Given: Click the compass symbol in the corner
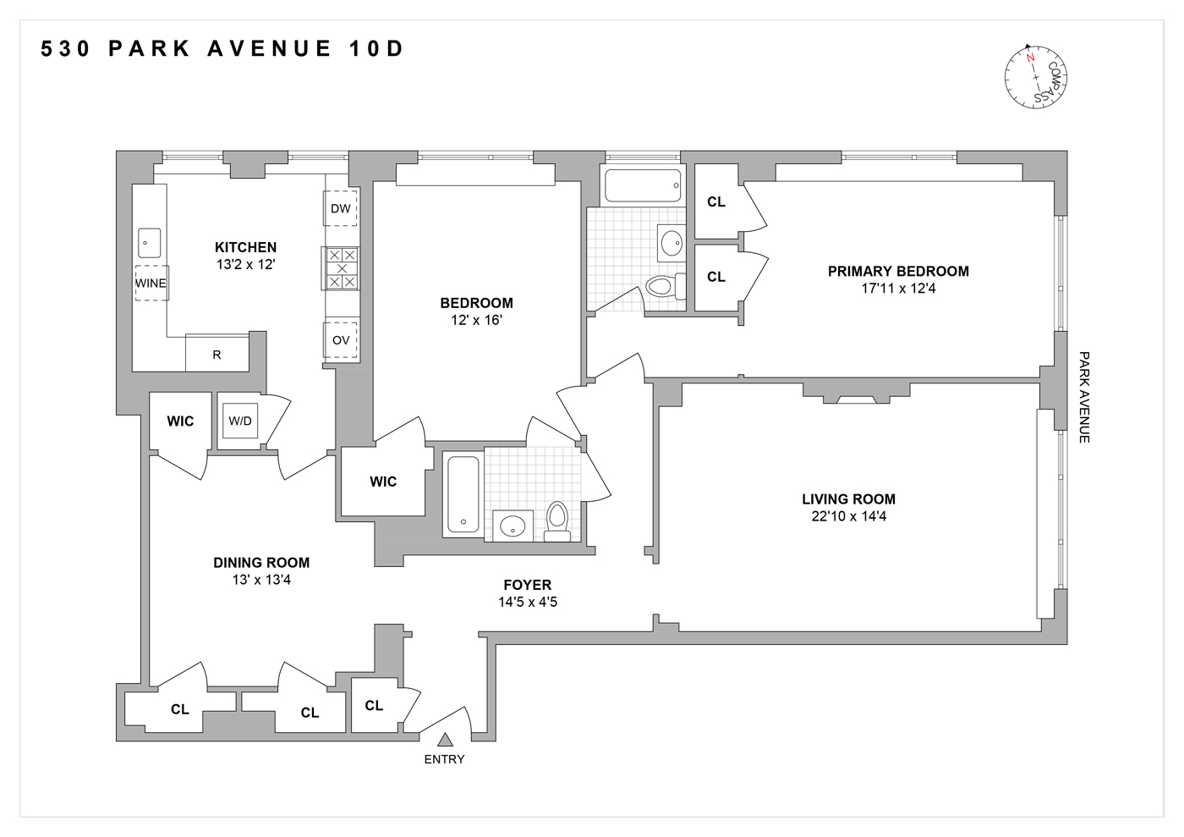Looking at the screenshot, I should click(x=1035, y=76).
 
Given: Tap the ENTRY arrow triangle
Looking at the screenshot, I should click(x=445, y=740).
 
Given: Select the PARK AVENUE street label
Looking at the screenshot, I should click(x=1083, y=397).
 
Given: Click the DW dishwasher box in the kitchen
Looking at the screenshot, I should click(x=340, y=208).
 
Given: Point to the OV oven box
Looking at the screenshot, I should click(x=341, y=340).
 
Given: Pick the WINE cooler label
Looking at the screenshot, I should click(x=151, y=283).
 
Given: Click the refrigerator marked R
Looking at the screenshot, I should click(x=217, y=354).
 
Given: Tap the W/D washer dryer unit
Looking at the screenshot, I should click(x=240, y=421).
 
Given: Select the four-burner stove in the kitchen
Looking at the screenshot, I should click(x=342, y=268).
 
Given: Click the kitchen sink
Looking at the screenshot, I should click(x=150, y=243).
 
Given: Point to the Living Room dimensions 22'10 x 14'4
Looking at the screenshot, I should click(x=848, y=516).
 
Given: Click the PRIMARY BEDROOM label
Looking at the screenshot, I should click(x=898, y=271).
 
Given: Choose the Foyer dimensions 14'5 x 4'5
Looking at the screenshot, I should click(x=527, y=603).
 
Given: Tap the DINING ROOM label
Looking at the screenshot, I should click(x=261, y=563).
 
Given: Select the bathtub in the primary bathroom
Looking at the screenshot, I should click(x=642, y=185).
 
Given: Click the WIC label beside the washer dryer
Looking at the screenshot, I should click(x=180, y=421).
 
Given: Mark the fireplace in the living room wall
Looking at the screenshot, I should click(x=856, y=396).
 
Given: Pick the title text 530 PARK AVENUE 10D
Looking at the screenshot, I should click(x=223, y=49).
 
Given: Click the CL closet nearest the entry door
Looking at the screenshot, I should click(x=374, y=705).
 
